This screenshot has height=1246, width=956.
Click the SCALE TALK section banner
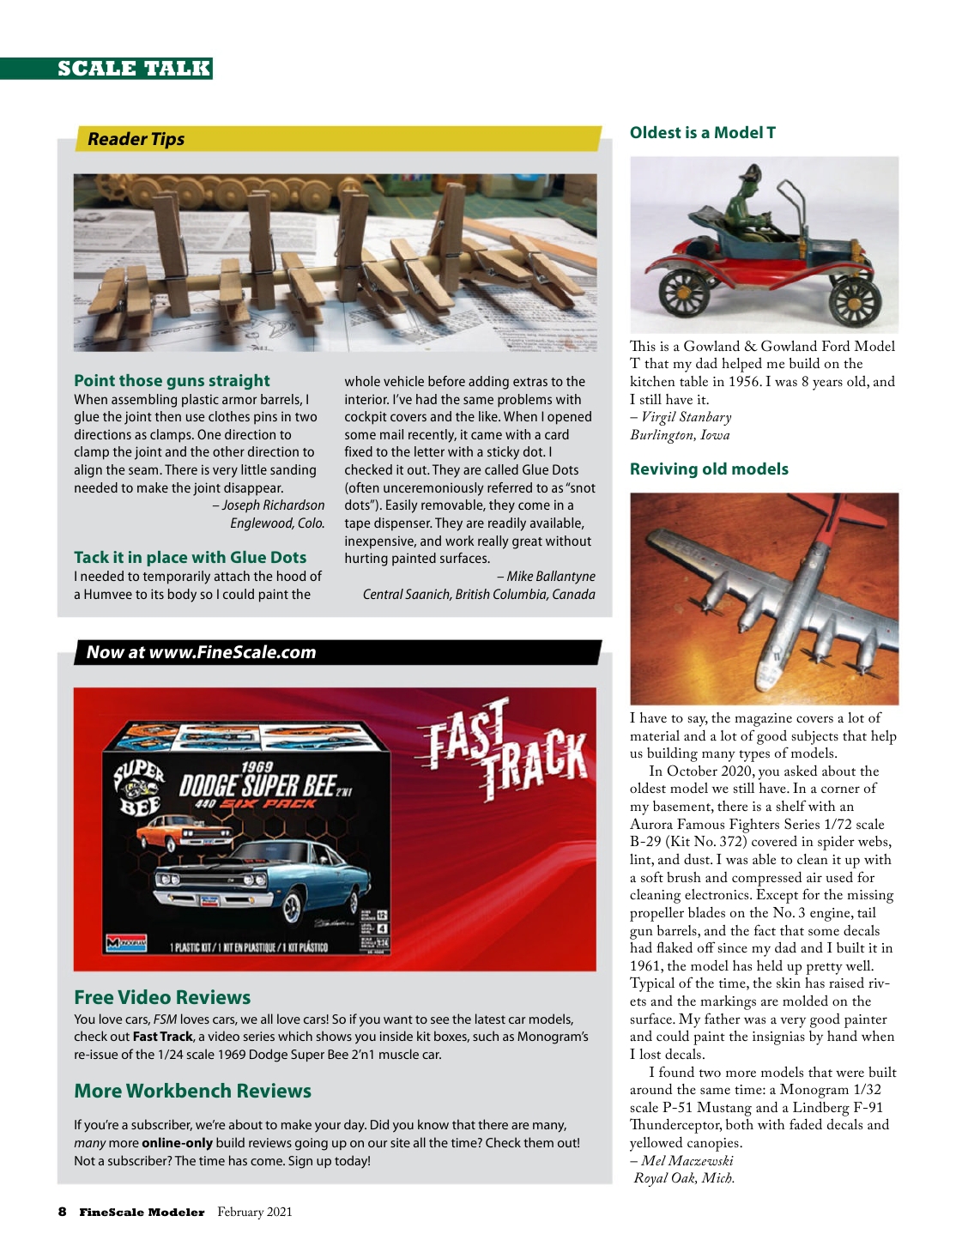134,69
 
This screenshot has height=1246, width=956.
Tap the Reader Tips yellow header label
136,139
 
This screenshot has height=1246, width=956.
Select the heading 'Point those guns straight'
172,380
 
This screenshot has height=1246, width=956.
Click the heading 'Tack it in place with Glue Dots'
190,557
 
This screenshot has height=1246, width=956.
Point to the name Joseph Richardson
273,505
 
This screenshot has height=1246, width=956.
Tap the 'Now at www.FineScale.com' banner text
201,652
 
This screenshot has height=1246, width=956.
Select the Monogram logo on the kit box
126,942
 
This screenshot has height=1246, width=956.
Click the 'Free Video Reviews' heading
162,997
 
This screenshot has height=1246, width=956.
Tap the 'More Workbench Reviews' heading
192,1091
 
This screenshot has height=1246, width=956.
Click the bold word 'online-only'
177,1143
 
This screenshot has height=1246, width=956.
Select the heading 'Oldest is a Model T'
702,133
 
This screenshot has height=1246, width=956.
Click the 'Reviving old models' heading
709,469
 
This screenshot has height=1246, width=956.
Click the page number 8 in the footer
62,1212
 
